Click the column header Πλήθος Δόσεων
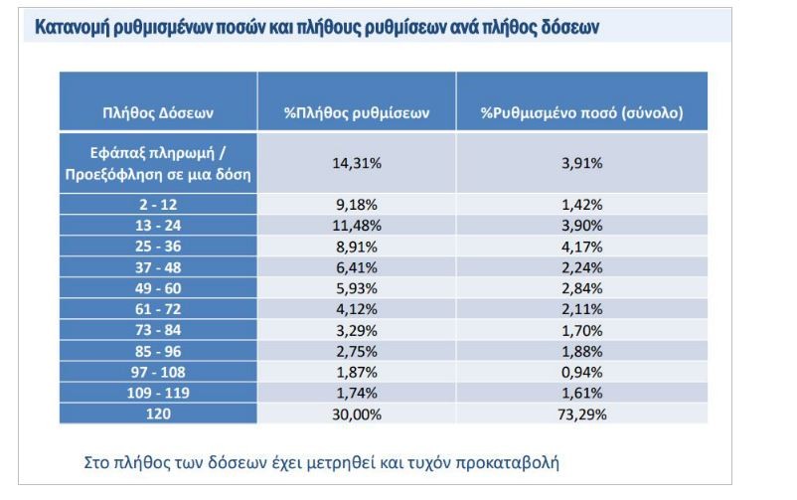(x=158, y=113)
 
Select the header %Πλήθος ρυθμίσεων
(x=356, y=113)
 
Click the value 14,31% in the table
(x=356, y=163)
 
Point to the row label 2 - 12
(x=158, y=205)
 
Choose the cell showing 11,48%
(x=356, y=226)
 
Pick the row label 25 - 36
(x=158, y=246)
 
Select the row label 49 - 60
(x=158, y=287)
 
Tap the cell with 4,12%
(x=356, y=308)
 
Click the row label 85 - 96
(x=158, y=350)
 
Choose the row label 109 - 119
(x=158, y=392)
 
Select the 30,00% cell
(x=356, y=413)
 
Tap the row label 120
(x=158, y=413)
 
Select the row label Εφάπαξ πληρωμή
(x=158, y=153)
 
